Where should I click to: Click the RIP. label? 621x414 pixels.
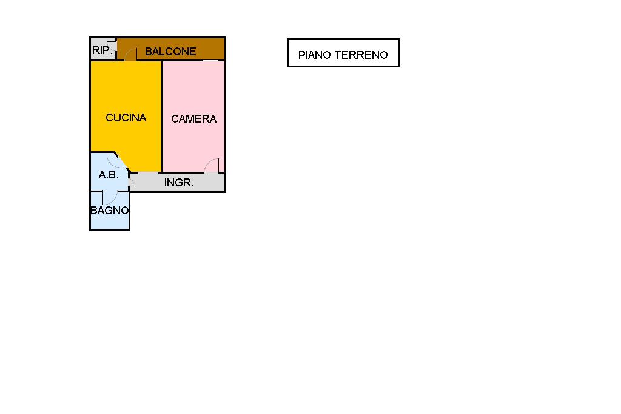coord(103,50)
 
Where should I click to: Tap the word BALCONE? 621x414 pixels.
coord(170,52)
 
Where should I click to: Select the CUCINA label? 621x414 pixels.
coord(126,118)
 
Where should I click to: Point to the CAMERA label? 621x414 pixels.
coord(193,119)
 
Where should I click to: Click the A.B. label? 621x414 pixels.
coord(109,175)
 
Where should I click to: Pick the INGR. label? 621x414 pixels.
coord(179,182)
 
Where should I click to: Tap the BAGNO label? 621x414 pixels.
coord(110,211)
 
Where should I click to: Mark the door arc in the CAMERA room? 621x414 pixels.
coord(211,165)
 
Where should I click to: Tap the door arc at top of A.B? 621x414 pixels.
coord(113,160)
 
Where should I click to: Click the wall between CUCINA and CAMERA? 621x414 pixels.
coord(162,115)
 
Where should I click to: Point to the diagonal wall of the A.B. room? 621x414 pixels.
coord(122,162)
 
